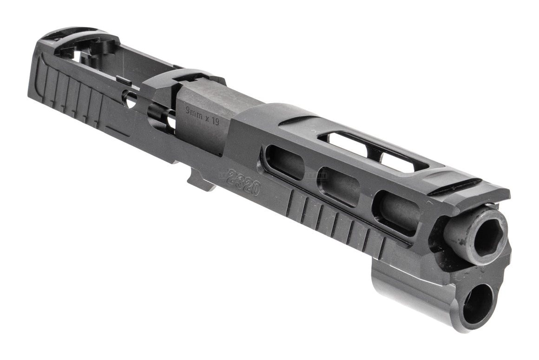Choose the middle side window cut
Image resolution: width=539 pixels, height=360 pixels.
tap(339, 186)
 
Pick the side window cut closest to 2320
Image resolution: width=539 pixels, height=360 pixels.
tap(283, 163)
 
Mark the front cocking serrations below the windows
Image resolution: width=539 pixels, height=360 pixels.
tap(335, 223)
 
